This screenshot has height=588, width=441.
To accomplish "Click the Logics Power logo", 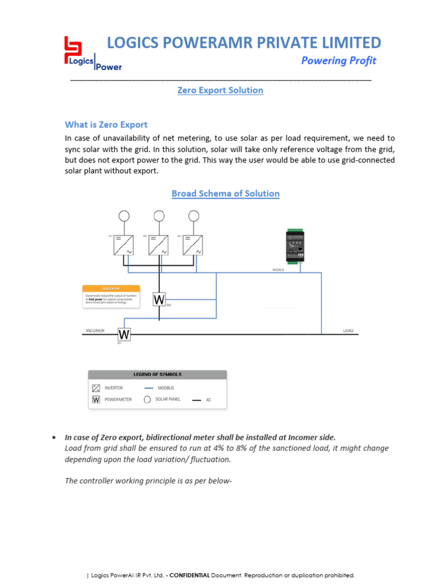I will tap(92, 55).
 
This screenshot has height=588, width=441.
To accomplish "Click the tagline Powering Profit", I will tap(339, 61).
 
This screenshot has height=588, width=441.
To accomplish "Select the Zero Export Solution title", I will tap(220, 90).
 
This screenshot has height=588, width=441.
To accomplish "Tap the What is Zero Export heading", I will tap(106, 125).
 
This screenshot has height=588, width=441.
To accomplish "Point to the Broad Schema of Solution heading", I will tap(226, 194).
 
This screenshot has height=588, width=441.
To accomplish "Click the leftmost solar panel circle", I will tap(125, 216).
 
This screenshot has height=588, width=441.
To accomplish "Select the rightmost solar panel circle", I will tap(194, 216).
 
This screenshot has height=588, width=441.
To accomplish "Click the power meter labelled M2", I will tap(159, 300).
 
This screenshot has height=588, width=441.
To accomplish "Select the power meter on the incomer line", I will tap(124, 334).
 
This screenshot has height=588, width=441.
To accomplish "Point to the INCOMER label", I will tap(95, 331).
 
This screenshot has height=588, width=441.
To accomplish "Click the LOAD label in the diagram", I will tap(348, 331).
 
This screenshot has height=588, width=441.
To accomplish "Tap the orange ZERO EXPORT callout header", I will tap(111, 288).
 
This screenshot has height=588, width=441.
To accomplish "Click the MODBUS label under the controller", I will tap(278, 269).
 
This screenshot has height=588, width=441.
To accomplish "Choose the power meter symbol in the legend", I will tap(96, 400).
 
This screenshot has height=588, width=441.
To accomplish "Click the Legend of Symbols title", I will tap(157, 374).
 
